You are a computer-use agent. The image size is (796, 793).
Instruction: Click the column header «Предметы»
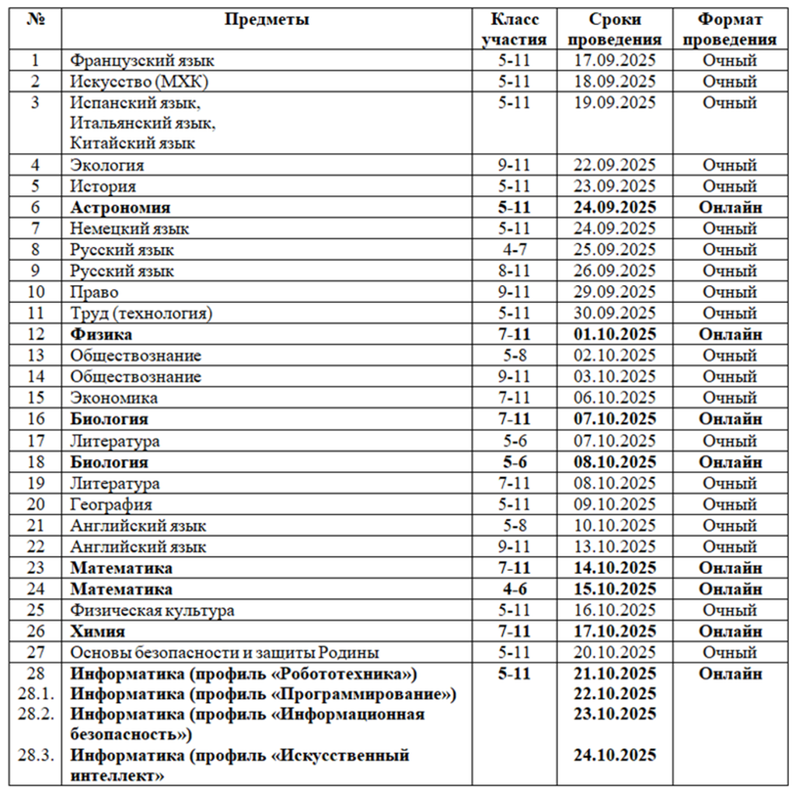(x=267, y=20)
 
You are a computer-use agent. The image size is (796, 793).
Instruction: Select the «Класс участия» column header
(x=514, y=30)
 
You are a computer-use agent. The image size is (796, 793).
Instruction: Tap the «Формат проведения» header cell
(x=729, y=30)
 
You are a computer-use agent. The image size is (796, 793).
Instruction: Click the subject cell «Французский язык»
(x=142, y=61)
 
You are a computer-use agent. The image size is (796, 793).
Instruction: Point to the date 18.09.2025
(x=614, y=82)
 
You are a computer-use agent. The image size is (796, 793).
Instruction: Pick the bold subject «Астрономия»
(x=120, y=208)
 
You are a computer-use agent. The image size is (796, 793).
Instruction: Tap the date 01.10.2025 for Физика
(x=614, y=335)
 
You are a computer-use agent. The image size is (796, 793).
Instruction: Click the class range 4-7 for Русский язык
(x=514, y=250)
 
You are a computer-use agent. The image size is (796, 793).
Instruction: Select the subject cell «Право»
(x=94, y=293)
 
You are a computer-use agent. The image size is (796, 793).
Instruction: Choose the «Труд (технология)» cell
(x=141, y=314)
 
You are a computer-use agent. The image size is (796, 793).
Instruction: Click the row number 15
(x=35, y=398)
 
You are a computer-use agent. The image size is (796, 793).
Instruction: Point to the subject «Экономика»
(x=113, y=398)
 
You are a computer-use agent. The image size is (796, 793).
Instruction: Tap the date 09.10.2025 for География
(x=614, y=505)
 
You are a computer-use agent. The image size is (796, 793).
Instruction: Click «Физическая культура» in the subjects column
(x=152, y=610)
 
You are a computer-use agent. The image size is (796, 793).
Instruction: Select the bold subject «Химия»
(x=98, y=631)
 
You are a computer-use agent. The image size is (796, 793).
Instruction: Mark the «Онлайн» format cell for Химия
(x=729, y=631)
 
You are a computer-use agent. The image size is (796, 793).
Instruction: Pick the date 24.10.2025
(x=614, y=755)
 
